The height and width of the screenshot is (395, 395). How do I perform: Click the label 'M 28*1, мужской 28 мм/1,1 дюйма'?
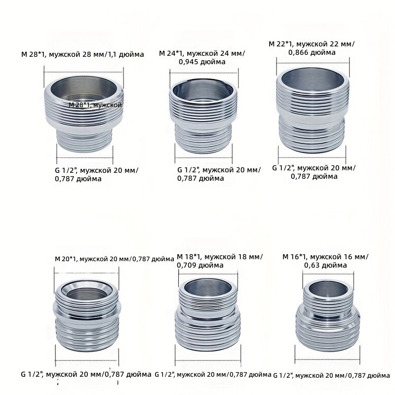point(82,54)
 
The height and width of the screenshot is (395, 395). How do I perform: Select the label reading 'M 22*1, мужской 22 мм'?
point(312,44)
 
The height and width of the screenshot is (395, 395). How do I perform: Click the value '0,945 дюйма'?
point(202,62)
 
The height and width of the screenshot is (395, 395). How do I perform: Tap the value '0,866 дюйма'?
point(312,53)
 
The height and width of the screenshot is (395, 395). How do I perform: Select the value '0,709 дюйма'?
point(200,265)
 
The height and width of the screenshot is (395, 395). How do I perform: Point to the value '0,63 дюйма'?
point(325,265)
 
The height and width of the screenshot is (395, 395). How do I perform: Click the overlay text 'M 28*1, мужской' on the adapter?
point(95,105)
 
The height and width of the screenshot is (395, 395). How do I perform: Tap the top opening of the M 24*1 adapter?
point(203,92)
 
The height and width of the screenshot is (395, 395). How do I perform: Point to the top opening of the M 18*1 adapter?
point(208,288)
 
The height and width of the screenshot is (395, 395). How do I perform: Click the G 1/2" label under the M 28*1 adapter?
point(97,175)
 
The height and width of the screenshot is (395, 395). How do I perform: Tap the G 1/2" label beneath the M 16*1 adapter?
point(331,376)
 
